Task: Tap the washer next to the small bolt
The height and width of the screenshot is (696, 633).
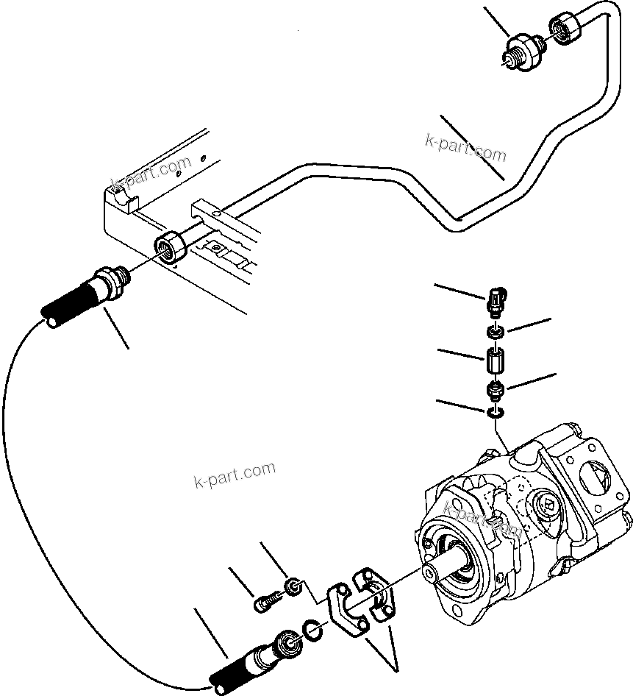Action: pos(293,586)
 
